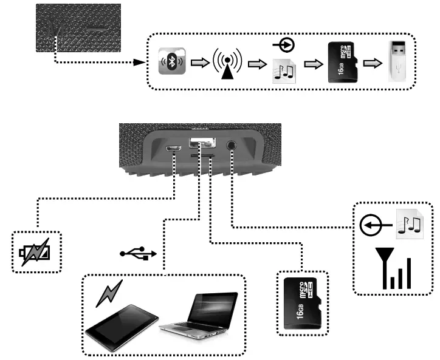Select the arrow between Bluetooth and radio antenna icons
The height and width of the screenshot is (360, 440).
coord(200,63)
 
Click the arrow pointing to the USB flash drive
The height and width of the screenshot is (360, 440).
coord(372,63)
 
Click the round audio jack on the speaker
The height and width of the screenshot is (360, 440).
coord(232,146)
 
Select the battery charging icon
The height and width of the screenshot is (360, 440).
coord(36,250)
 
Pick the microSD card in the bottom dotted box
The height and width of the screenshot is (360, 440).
coord(302,302)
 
